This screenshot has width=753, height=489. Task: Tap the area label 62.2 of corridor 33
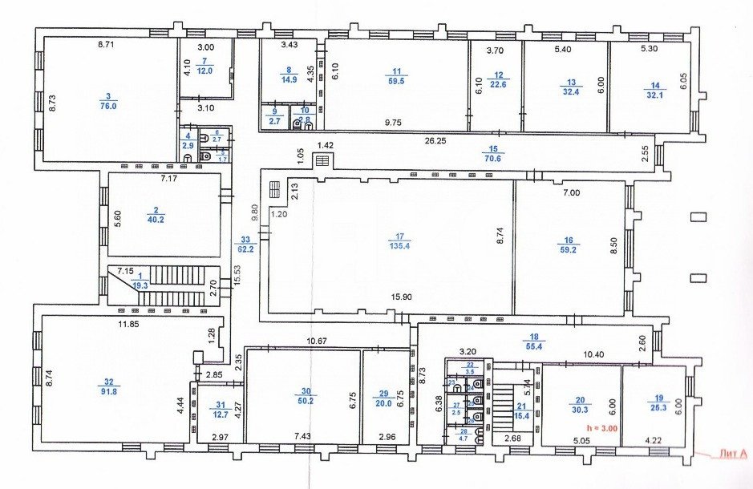(245, 249)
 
